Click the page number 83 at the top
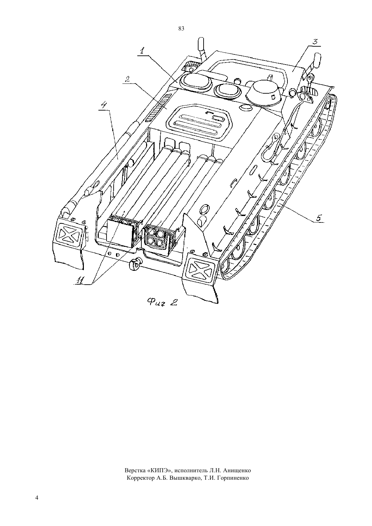point(181,29)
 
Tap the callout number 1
point(143,51)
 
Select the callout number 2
point(127,79)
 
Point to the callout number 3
point(315,41)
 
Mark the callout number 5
point(318,218)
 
